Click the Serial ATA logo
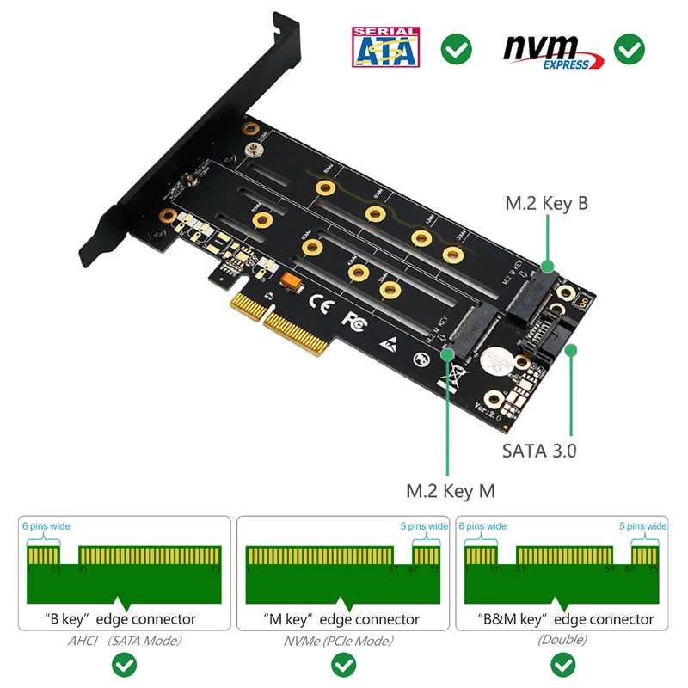point(384,47)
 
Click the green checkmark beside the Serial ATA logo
point(456,48)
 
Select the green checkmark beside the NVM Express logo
point(630,48)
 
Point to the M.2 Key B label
point(546,204)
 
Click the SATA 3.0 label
point(539,451)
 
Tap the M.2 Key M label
point(451,491)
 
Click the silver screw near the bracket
point(254,150)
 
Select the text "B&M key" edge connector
point(566,619)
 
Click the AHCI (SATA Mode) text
point(125,640)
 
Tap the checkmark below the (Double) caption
point(563,665)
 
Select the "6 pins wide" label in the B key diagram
point(48,526)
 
